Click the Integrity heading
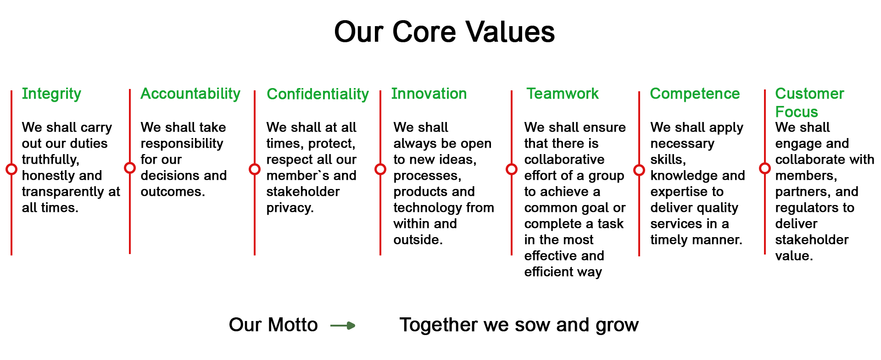click(x=51, y=94)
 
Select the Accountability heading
click(x=190, y=94)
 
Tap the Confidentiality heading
click(x=318, y=94)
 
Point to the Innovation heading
click(x=429, y=94)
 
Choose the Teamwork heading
click(x=562, y=94)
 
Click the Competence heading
click(x=695, y=94)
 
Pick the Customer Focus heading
click(x=809, y=103)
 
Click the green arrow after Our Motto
click(x=343, y=326)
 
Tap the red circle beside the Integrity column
click(x=11, y=169)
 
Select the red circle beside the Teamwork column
click(x=512, y=169)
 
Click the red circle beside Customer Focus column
click(x=765, y=168)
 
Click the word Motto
click(x=293, y=325)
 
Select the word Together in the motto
click(x=438, y=325)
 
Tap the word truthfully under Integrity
click(x=50, y=160)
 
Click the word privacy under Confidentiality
click(x=290, y=208)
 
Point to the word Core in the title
click(x=424, y=32)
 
